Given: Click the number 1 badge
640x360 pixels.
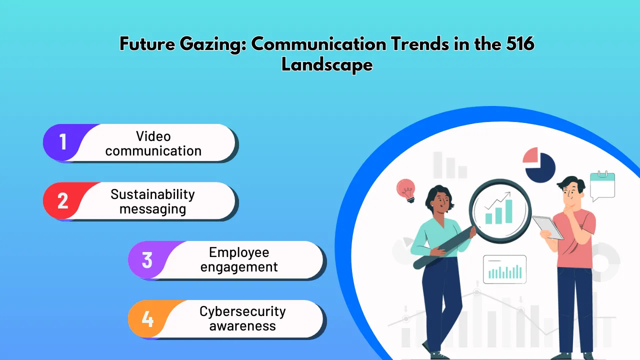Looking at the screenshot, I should tap(63, 142).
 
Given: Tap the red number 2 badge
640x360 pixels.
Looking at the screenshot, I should tap(63, 200).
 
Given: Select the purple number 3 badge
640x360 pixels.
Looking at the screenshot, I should tap(147, 260).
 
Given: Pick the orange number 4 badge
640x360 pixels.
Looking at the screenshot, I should tap(147, 318).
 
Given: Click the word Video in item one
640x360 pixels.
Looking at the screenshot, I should tap(153, 136).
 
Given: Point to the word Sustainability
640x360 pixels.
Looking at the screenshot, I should tap(152, 194).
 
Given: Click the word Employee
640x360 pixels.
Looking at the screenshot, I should tap(239, 252).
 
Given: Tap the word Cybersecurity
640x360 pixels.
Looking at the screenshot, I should tap(242, 311).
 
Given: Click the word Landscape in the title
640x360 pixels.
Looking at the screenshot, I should tap(327, 64).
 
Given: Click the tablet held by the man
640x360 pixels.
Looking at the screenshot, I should tap(548, 227).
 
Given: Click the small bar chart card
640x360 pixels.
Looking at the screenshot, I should tap(504, 269).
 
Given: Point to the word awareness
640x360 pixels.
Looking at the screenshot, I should tap(242, 326).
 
